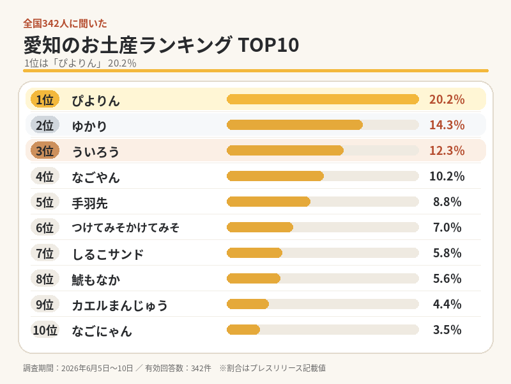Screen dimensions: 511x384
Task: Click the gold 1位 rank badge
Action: (x=45, y=99)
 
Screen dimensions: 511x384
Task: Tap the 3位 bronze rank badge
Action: (x=45, y=150)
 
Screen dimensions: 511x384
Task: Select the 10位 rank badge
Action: (x=45, y=330)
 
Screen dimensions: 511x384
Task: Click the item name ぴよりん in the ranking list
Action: (x=96, y=100)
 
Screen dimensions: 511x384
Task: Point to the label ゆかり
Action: (x=89, y=125)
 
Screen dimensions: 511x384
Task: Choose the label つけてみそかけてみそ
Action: (x=125, y=228)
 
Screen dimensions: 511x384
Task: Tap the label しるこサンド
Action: (x=107, y=253)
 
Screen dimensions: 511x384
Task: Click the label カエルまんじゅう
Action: (x=119, y=305)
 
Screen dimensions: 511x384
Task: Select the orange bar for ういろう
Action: (x=285, y=150)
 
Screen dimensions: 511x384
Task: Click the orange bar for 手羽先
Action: (x=268, y=202)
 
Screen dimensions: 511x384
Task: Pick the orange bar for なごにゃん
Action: (x=243, y=330)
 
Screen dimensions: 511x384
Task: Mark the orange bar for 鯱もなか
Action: (x=254, y=278)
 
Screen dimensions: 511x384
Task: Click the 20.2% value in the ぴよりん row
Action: (x=446, y=99)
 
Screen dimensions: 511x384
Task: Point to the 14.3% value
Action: (x=446, y=125)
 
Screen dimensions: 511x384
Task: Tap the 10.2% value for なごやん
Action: (x=446, y=176)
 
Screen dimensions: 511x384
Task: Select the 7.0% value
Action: (x=447, y=227)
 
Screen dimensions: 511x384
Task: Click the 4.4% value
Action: (x=447, y=304)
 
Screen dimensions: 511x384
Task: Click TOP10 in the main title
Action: (x=268, y=45)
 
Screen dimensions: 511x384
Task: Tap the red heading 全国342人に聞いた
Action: (x=65, y=24)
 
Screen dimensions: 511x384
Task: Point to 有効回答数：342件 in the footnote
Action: (x=178, y=368)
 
